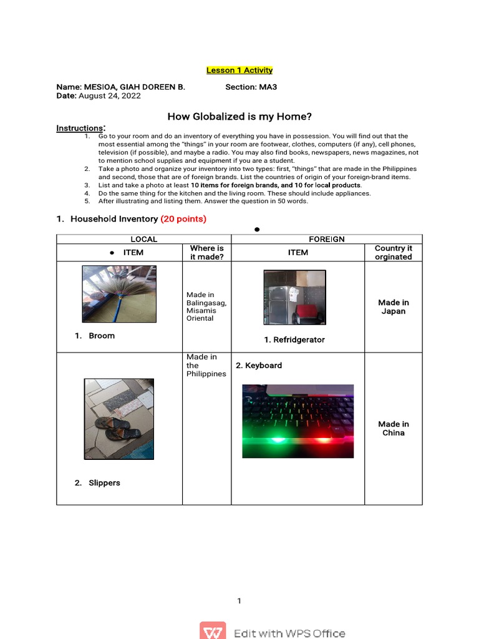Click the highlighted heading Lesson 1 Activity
[x=239, y=71]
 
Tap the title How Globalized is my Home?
[x=239, y=117]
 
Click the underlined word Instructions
[x=79, y=129]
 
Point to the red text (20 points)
[x=183, y=219]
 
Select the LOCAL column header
[x=143, y=240]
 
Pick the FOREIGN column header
[x=327, y=240]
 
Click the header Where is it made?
[x=206, y=252]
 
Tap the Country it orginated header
[x=393, y=252]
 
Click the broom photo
[x=119, y=294]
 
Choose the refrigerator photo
[x=294, y=298]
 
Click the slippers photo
[x=119, y=419]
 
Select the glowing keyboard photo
[x=298, y=421]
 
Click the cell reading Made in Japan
[x=393, y=307]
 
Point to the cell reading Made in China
[x=393, y=429]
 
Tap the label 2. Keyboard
[x=259, y=366]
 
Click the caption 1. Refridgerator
[x=294, y=340]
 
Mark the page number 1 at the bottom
[x=239, y=601]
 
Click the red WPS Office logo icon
[x=213, y=632]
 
